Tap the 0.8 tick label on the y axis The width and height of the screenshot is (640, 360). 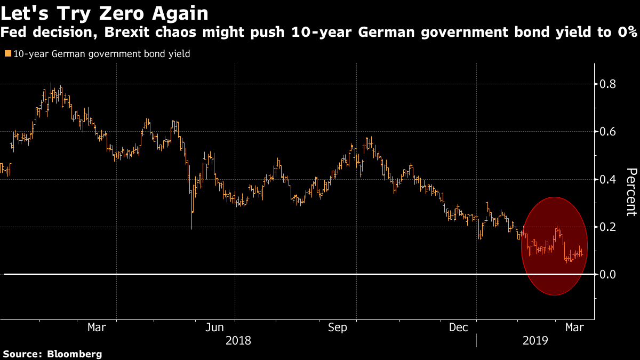[609, 84]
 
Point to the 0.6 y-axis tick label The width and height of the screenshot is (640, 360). [609, 132]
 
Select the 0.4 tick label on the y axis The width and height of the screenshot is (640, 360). [609, 179]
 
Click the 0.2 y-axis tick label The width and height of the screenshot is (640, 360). [609, 227]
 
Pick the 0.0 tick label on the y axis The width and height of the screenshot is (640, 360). [609, 274]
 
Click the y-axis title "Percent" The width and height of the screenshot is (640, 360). [631, 192]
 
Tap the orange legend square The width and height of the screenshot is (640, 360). [7, 54]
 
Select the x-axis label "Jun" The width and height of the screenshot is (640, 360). [214, 327]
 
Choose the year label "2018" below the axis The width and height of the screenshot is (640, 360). [238, 340]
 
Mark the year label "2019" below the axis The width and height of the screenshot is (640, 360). [535, 340]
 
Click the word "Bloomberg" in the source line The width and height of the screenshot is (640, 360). [75, 354]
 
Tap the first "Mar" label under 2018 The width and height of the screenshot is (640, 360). [97, 327]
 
